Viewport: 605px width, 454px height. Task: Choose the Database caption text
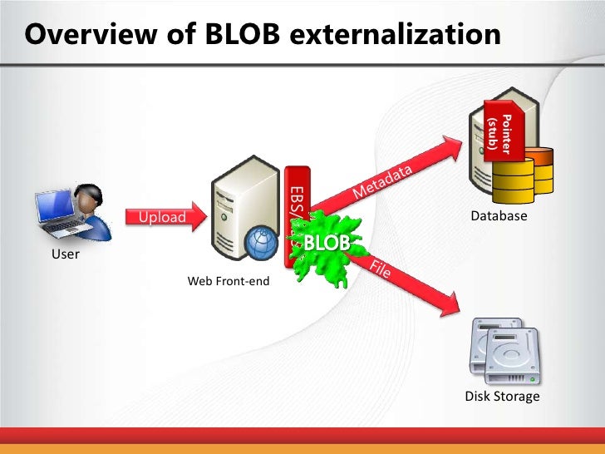tap(499, 216)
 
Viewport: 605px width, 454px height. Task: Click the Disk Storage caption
tap(502, 397)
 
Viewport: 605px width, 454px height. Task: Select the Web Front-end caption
tap(229, 282)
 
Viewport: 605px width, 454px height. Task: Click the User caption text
tap(66, 254)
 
